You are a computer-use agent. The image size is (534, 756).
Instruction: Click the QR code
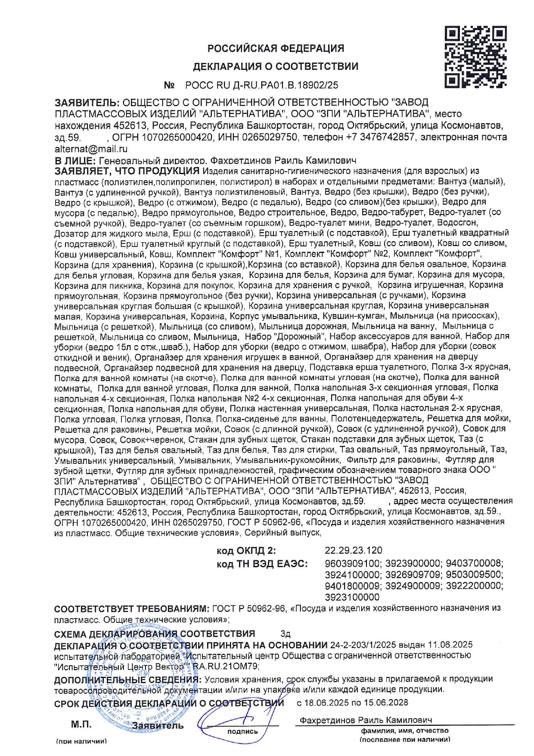coord(475,57)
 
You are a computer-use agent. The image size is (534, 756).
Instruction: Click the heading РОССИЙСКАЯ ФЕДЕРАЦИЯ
coord(276,48)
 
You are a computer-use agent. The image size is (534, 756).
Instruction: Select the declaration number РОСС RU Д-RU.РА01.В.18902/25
coord(261,85)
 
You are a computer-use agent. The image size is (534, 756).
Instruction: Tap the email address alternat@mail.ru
coord(91,149)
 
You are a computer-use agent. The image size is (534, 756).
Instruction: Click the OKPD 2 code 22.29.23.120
coord(353,550)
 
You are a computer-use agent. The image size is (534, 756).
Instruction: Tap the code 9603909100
coord(353,564)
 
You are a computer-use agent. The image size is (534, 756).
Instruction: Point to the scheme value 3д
coord(286,634)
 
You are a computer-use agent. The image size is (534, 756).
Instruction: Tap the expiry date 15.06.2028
coord(386,703)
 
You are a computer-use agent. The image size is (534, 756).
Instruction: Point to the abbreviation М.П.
coord(81,725)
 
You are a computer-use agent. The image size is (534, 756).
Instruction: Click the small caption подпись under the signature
coord(242,731)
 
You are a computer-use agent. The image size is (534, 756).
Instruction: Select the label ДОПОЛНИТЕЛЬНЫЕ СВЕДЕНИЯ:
coord(127,679)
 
